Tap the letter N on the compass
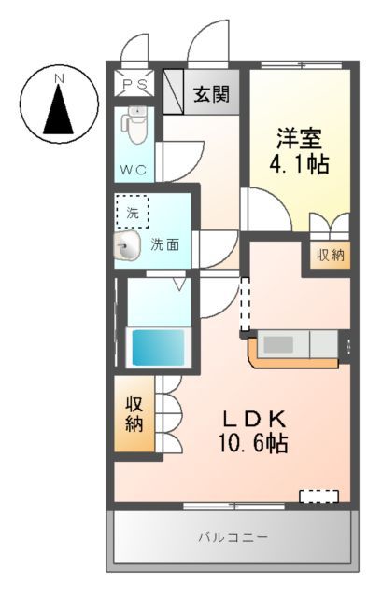click(58, 78)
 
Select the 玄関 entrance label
click(213, 93)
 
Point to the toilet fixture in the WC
click(135, 127)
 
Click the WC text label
click(134, 171)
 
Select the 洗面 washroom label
click(166, 245)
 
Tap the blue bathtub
click(157, 346)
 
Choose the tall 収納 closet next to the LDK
click(134, 413)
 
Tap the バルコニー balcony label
click(233, 538)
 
